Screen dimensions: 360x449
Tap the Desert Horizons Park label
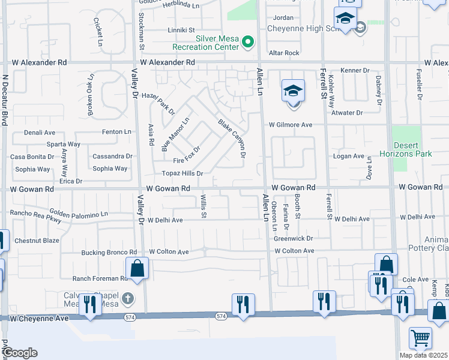(x=413, y=149)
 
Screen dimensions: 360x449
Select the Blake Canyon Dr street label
(x=232, y=137)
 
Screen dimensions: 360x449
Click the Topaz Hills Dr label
(x=183, y=173)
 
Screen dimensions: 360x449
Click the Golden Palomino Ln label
(x=79, y=214)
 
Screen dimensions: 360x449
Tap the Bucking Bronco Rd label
(x=109, y=253)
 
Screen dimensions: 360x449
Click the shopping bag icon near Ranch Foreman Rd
(x=137, y=269)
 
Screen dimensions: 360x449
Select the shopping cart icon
(x=420, y=338)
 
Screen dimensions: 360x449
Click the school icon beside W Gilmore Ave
(x=293, y=92)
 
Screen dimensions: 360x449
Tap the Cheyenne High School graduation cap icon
(x=346, y=19)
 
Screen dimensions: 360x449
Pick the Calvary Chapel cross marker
(x=127, y=298)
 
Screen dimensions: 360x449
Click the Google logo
(x=20, y=353)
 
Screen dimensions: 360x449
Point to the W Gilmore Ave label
(x=291, y=125)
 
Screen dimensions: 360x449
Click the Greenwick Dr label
(x=294, y=239)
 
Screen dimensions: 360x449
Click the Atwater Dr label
(x=347, y=113)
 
